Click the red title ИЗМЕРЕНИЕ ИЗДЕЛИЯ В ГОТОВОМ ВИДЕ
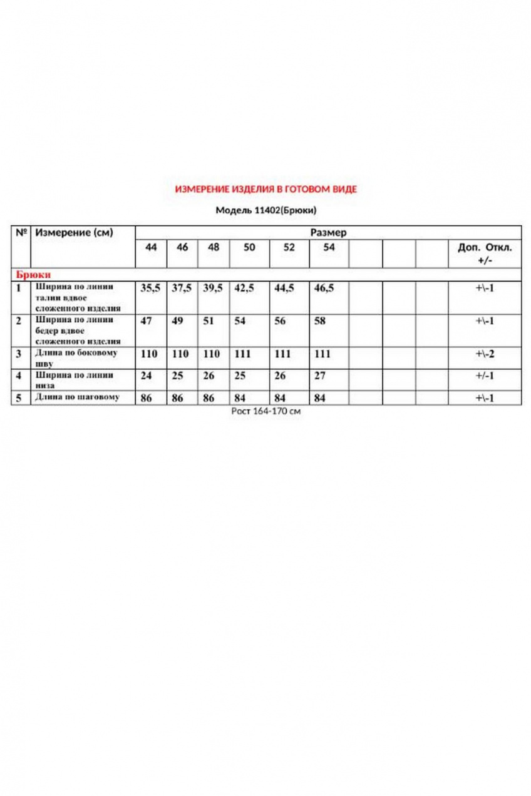coord(265,189)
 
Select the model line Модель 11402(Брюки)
coord(265,210)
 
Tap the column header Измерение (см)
coord(74,233)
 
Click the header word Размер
coord(328,232)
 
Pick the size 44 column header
coord(151,247)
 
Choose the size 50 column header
coord(249,247)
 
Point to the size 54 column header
coord(329,247)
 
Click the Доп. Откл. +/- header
coord(485,253)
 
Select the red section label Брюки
coord(33,274)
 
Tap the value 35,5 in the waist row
coord(150,288)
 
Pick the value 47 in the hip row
coord(145,320)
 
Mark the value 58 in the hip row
coord(320,320)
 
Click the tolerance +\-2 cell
coord(485,354)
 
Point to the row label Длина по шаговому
coord(76,397)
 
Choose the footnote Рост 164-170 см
coord(265,412)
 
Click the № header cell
coord(21,233)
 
